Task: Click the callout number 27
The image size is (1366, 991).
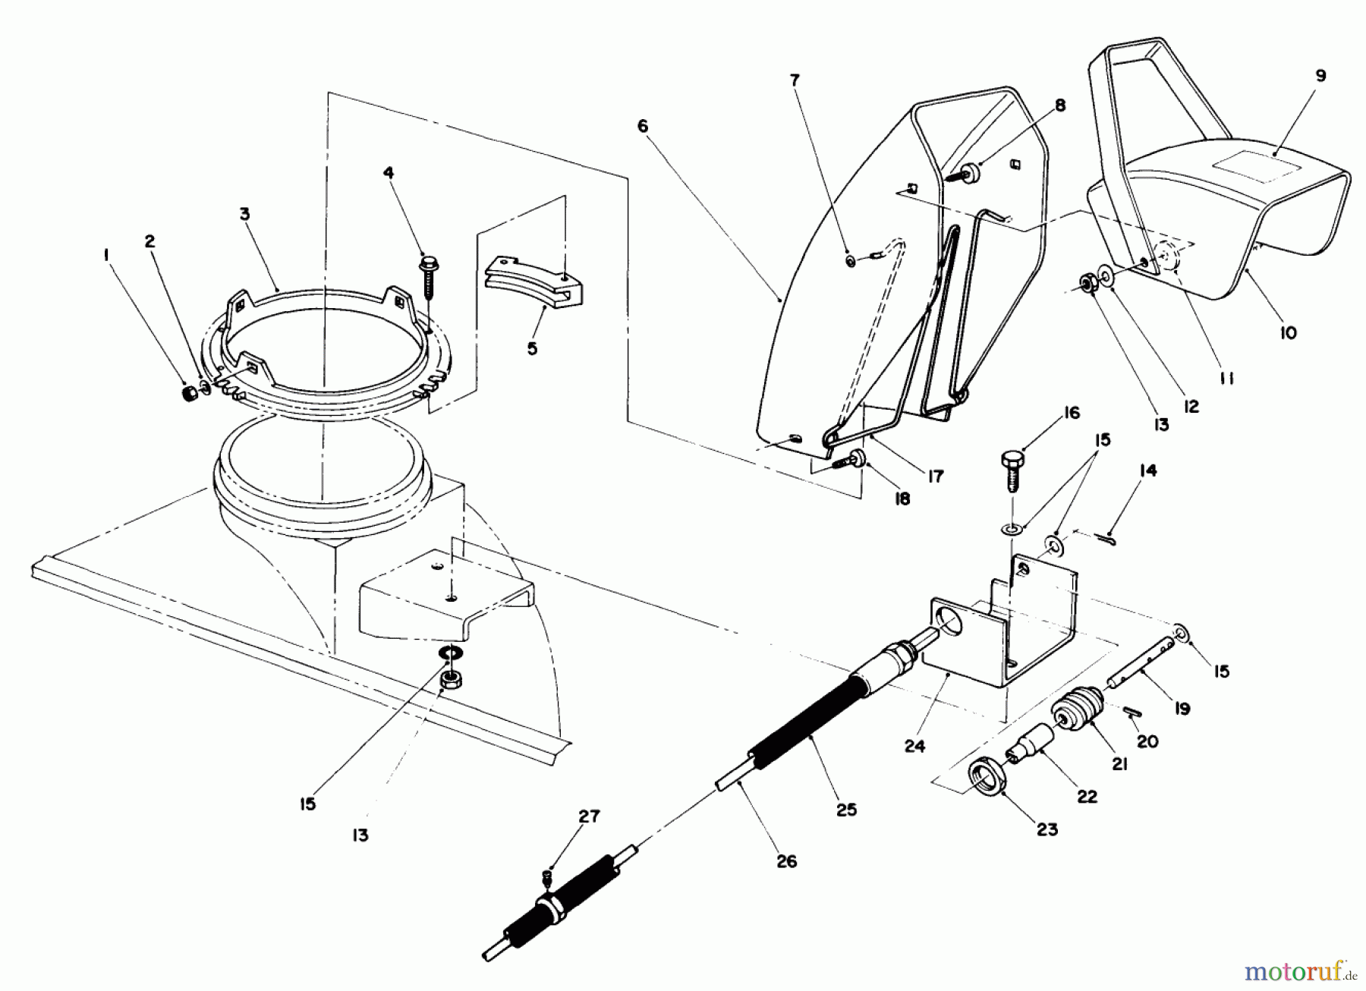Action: point(589,817)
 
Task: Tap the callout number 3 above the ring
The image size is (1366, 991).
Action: point(244,215)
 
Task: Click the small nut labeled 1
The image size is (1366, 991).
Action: point(187,394)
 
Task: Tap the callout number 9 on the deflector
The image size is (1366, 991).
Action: point(1320,77)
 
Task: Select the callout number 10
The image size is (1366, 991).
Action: point(1288,332)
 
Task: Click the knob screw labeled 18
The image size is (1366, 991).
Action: point(858,458)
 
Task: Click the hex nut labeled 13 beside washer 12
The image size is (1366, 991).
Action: point(1087,285)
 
